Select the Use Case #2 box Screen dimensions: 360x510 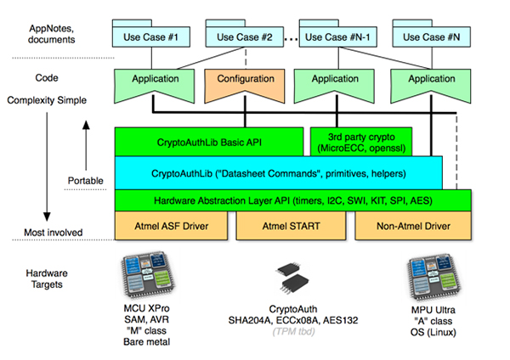click(x=244, y=37)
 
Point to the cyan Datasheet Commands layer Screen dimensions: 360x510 click(x=277, y=172)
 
